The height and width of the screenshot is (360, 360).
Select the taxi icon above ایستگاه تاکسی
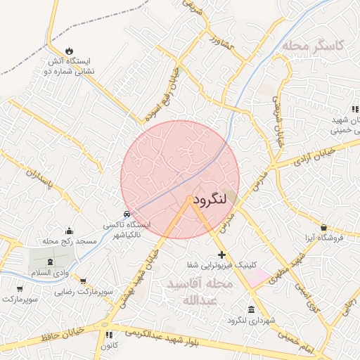tap(126, 213)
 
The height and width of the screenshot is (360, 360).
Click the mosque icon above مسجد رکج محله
tap(69, 231)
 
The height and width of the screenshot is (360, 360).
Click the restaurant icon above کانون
tap(108, 335)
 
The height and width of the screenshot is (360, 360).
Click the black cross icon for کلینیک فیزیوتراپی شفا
tap(222, 254)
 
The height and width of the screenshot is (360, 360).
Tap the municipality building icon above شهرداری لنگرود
tap(252, 310)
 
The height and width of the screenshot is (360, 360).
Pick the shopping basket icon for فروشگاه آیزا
tap(323, 227)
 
